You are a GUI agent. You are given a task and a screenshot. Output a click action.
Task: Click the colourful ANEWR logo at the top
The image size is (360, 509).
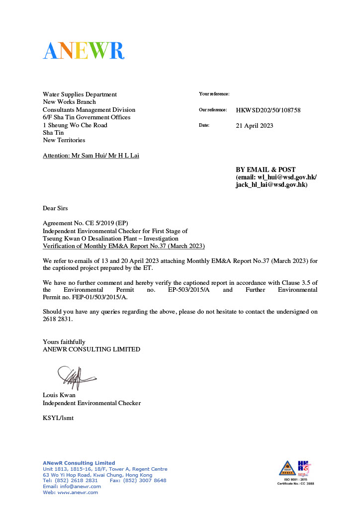[83, 51]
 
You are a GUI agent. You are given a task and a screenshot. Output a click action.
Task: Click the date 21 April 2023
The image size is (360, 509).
[254, 126]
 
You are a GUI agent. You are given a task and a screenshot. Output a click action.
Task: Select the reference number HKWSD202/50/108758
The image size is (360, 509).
[268, 110]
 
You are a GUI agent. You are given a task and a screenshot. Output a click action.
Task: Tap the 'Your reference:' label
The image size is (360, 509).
[214, 94]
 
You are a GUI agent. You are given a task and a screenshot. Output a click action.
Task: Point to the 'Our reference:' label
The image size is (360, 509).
[213, 110]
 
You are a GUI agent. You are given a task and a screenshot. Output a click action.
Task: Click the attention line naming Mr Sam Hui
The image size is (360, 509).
[91, 156]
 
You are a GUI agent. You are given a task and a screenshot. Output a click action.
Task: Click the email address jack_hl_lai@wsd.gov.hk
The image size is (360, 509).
[271, 184]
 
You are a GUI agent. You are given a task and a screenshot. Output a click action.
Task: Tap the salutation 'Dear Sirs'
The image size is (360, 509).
[55, 208]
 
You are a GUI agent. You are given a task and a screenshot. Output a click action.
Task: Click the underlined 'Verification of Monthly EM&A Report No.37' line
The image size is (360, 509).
[124, 246]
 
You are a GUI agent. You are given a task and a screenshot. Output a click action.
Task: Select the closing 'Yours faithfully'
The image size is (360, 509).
[64, 341]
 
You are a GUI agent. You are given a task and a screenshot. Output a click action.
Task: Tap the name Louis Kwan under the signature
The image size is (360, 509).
[56, 395]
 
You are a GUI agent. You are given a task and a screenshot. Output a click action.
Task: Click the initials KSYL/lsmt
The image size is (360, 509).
[58, 418]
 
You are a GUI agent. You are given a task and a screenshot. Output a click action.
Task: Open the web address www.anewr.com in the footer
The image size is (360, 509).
[78, 493]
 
